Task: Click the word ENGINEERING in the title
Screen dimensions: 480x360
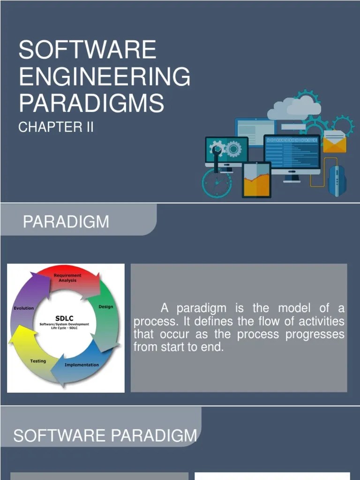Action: click(105, 76)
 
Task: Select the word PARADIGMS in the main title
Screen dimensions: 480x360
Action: click(91, 103)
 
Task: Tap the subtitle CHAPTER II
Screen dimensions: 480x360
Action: click(56, 127)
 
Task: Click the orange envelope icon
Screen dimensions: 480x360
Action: click(335, 142)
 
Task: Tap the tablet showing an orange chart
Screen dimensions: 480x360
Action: click(256, 180)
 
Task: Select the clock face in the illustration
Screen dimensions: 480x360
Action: click(217, 183)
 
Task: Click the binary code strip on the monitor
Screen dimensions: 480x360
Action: click(292, 140)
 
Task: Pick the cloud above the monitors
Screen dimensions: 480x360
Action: click(294, 108)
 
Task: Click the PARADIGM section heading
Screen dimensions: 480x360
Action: click(66, 221)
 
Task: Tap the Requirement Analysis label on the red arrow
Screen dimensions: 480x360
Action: click(67, 278)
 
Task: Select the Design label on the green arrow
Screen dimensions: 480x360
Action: click(105, 307)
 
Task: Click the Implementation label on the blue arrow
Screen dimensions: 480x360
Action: click(82, 365)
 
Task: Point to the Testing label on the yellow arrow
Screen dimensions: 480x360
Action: click(38, 361)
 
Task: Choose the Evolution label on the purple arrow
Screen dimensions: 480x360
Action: click(23, 308)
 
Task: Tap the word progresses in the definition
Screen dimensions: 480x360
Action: click(317, 335)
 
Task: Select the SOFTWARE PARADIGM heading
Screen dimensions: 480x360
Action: click(105, 435)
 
